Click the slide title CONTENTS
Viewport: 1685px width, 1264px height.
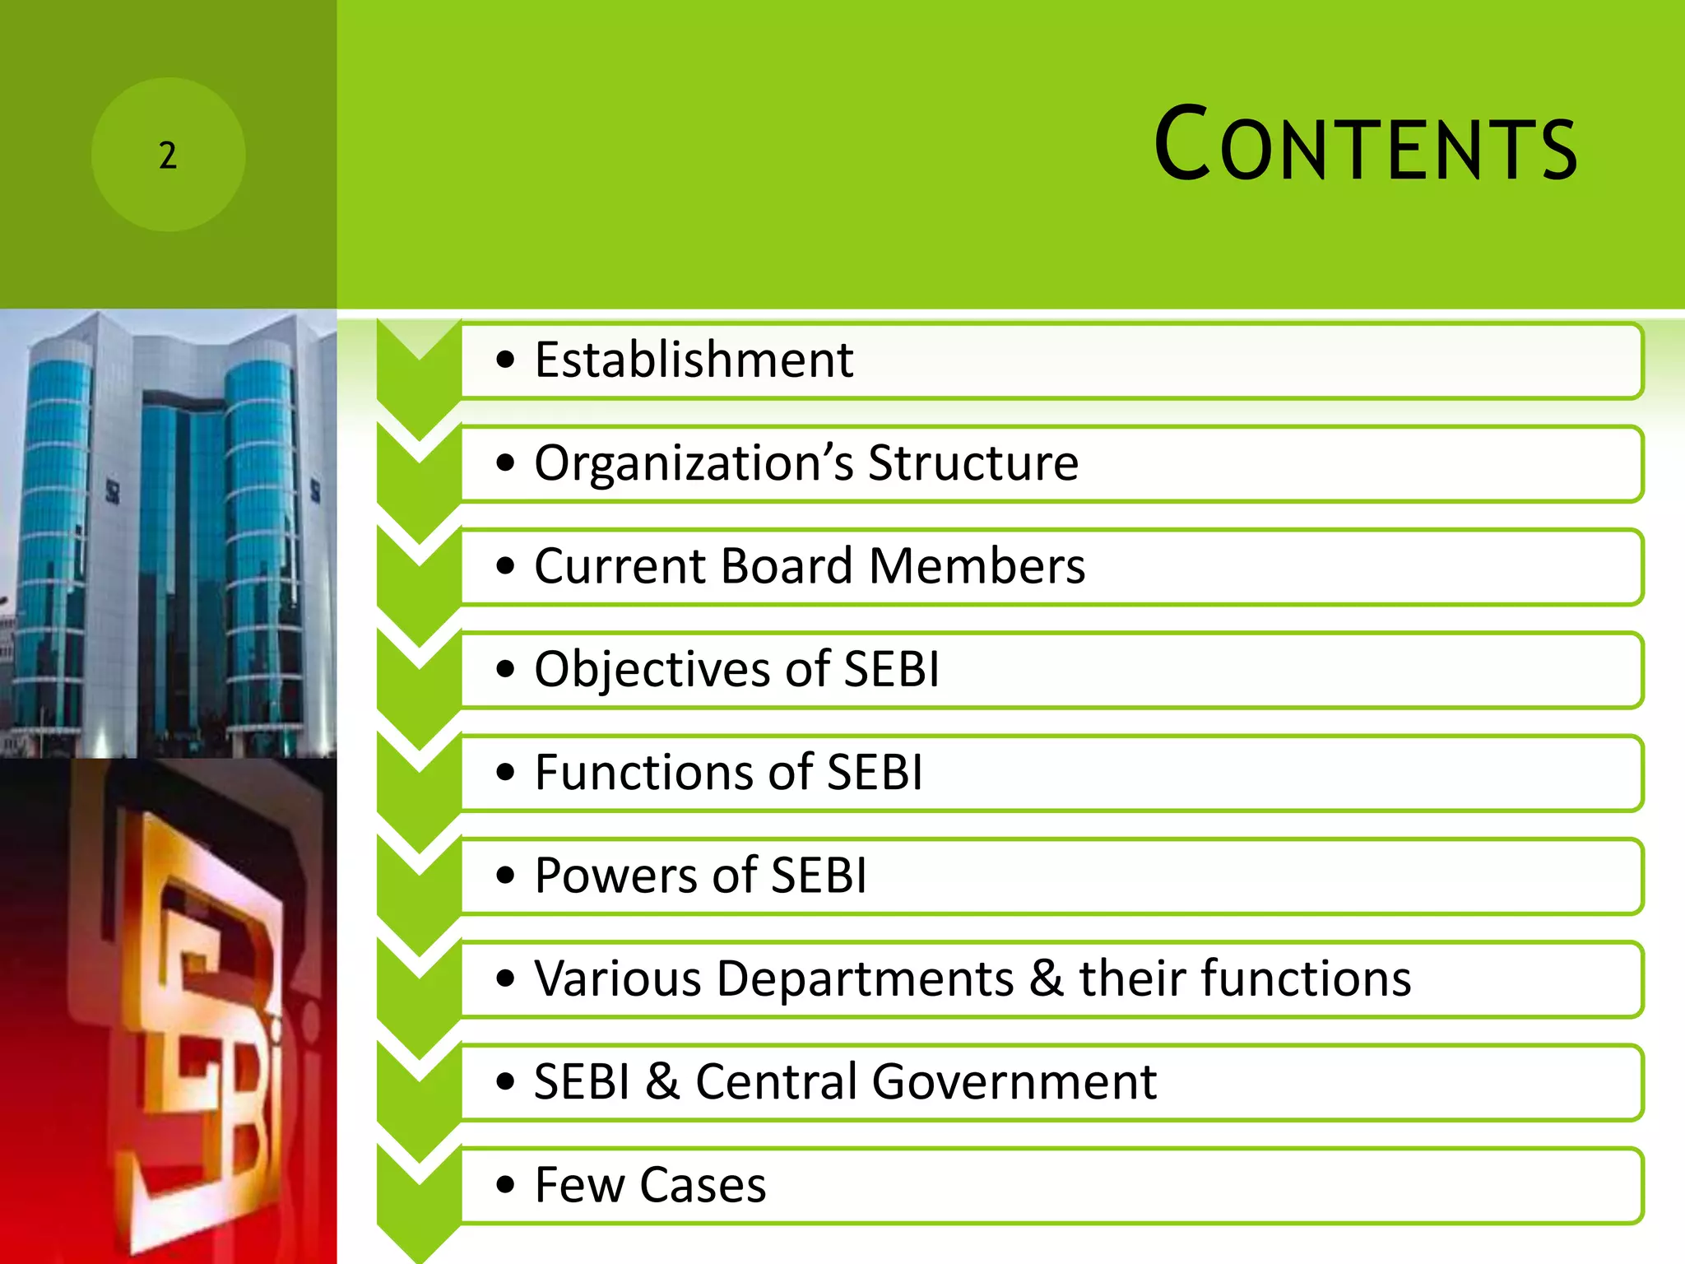pos(1366,146)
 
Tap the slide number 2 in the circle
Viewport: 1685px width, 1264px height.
pos(168,156)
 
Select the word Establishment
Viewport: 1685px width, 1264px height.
pos(694,360)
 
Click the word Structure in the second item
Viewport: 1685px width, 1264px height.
pos(972,463)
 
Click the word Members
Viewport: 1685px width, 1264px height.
pos(977,566)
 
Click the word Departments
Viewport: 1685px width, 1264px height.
pos(865,979)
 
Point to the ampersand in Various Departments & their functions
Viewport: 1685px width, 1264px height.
pos(1046,979)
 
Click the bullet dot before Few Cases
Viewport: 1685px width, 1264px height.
pos(505,1186)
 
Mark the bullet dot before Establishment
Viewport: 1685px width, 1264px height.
pos(505,360)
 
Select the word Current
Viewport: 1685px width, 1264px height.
pos(619,566)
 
